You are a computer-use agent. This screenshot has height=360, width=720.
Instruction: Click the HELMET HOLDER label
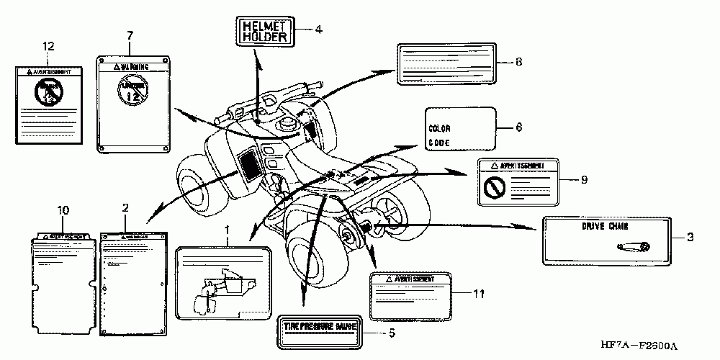[264, 31]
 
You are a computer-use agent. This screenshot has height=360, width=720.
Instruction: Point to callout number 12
[48, 47]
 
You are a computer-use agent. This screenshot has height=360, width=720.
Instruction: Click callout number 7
[130, 35]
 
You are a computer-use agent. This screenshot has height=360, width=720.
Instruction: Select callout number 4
[318, 30]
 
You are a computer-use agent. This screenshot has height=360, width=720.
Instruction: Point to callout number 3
[689, 236]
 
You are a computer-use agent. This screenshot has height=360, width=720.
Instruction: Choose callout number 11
[480, 293]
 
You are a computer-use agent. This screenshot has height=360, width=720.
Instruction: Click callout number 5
[392, 333]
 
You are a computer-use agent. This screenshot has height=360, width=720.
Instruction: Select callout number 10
[63, 210]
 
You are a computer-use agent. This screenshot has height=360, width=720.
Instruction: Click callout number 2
[125, 208]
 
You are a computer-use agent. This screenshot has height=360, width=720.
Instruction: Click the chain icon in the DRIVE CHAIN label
[634, 246]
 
